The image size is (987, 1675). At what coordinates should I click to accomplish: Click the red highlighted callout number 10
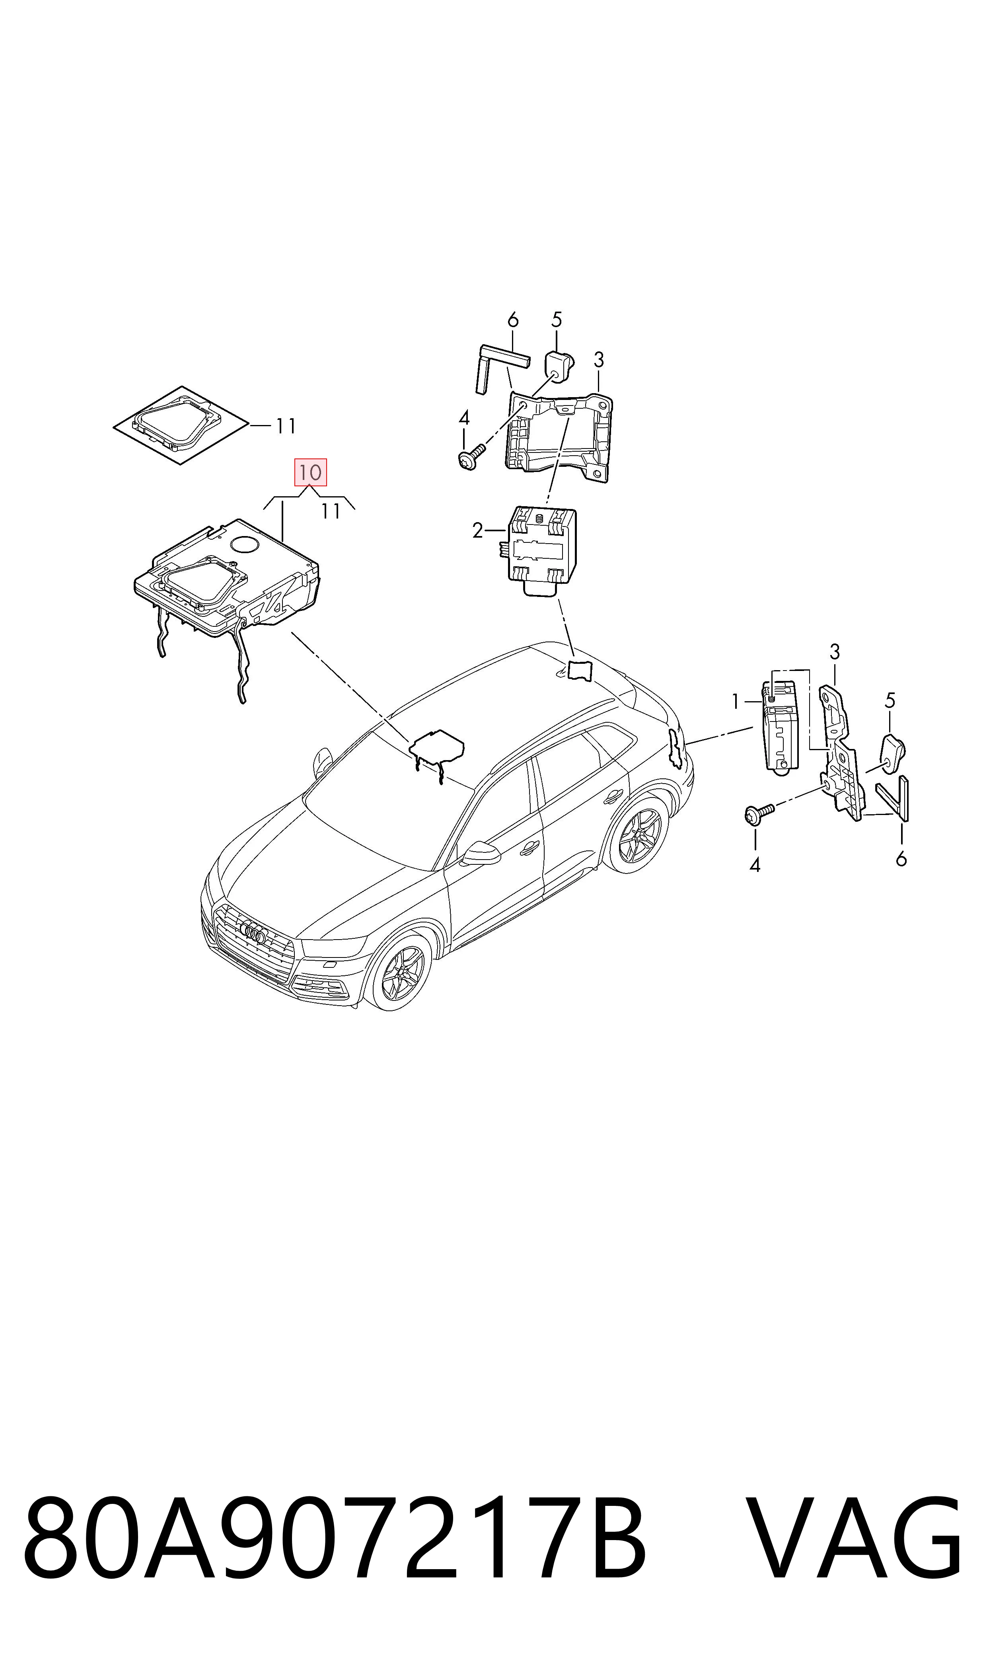tap(311, 472)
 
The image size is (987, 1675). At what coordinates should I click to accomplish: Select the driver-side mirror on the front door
tap(481, 854)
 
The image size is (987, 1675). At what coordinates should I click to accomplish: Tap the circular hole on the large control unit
tap(245, 544)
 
